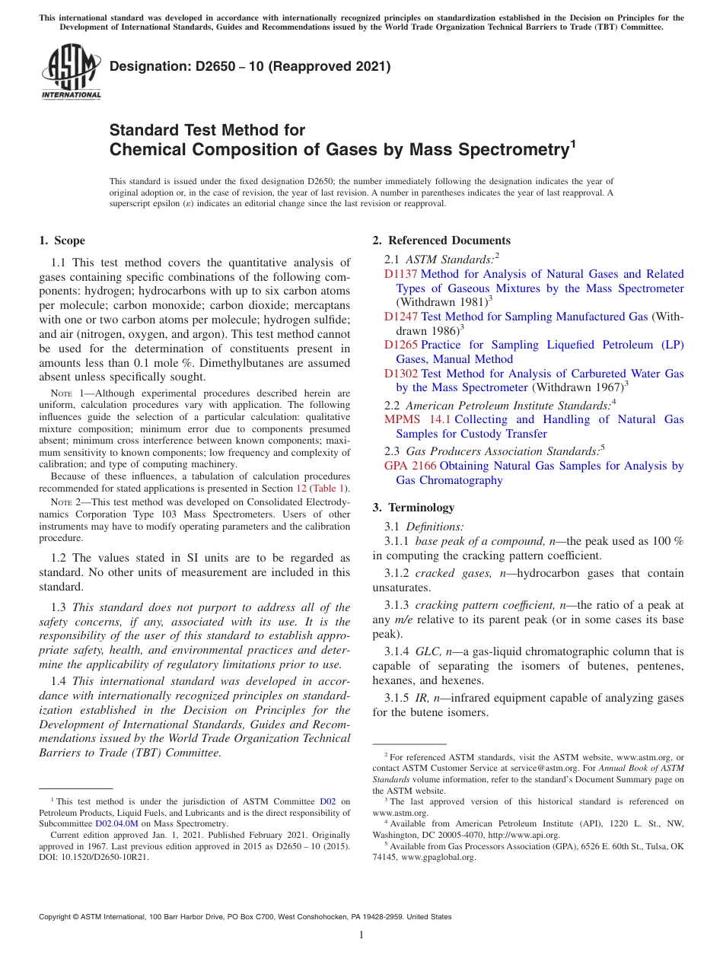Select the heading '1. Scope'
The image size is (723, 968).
(x=62, y=240)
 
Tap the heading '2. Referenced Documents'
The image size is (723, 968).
(x=441, y=240)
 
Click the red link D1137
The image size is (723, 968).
(x=400, y=274)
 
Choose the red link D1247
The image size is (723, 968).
(x=400, y=317)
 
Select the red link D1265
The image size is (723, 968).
(x=400, y=345)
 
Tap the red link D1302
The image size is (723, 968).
(x=400, y=374)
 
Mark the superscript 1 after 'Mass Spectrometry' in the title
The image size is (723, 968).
(x=573, y=142)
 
